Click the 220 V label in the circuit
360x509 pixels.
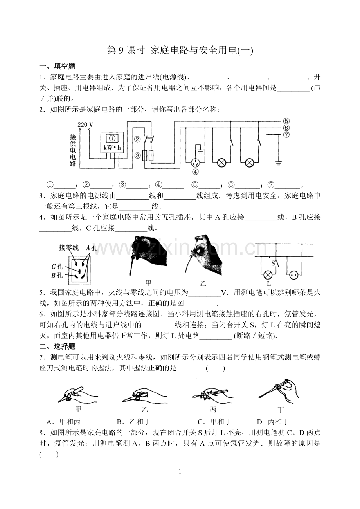(85, 125)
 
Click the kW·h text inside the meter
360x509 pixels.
(112, 148)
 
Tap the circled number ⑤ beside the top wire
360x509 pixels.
(286, 121)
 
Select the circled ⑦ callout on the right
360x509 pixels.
(286, 134)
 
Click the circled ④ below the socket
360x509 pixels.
(195, 171)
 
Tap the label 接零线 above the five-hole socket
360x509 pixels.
(69, 247)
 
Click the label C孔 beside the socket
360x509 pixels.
(57, 267)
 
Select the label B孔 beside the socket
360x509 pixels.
(57, 275)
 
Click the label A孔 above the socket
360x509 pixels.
(91, 247)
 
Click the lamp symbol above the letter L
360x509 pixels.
(269, 275)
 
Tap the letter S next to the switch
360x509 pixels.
(273, 262)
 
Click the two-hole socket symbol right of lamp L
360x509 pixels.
(293, 275)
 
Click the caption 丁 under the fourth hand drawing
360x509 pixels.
(281, 410)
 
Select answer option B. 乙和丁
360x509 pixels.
(133, 422)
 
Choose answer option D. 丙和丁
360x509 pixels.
(273, 422)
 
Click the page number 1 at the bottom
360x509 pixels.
(180, 471)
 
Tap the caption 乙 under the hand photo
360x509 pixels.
(203, 283)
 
